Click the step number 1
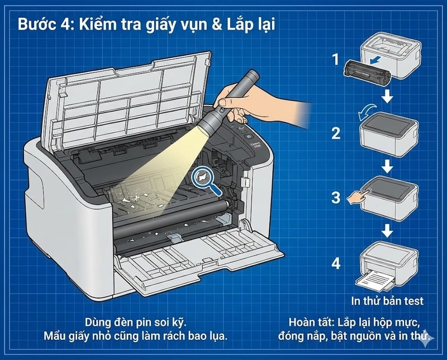tap(335, 58)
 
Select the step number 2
tap(335, 133)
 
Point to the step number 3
tap(335, 197)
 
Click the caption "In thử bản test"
tap(387, 301)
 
